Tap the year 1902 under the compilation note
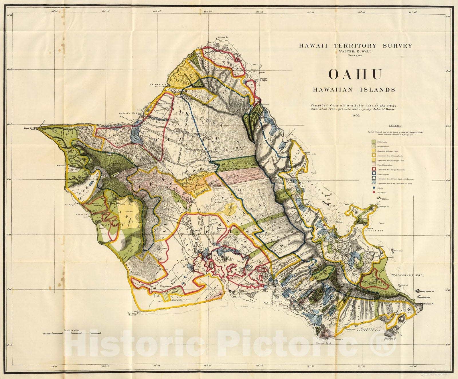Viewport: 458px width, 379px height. pyautogui.click(x=354, y=116)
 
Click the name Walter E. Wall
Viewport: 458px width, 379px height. pyautogui.click(x=355, y=51)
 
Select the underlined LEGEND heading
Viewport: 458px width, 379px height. pyautogui.click(x=395, y=126)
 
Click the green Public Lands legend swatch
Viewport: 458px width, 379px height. pyautogui.click(x=374, y=142)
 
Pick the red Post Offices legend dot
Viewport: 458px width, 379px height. pyautogui.click(x=374, y=192)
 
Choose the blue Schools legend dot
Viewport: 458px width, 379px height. pyautogui.click(x=374, y=188)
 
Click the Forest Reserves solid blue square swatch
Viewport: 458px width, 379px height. pyautogui.click(x=374, y=173)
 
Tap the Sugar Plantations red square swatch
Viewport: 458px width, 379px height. pyautogui.click(x=374, y=169)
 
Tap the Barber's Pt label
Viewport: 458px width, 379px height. pyautogui.click(x=135, y=313)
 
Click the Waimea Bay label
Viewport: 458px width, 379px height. pyautogui.click(x=156, y=85)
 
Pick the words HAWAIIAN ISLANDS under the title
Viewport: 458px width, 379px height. pyautogui.click(x=354, y=90)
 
